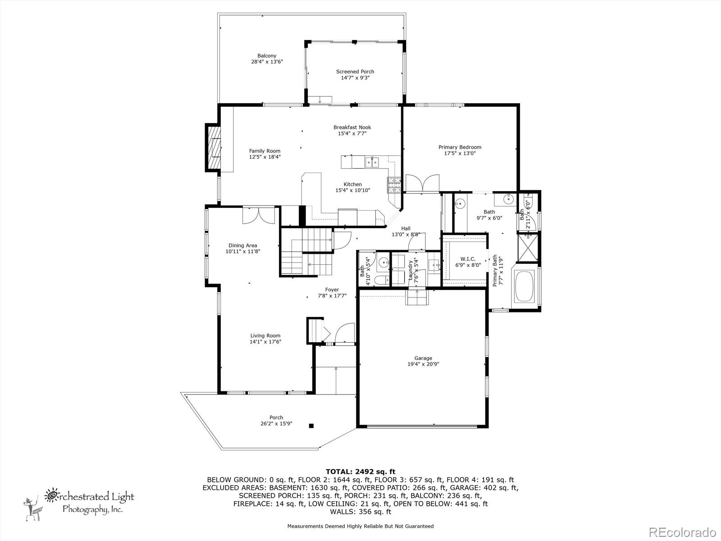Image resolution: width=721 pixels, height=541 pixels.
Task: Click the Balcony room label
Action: pos(267,56)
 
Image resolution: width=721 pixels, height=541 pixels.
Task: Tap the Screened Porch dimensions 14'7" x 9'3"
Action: pos(355,78)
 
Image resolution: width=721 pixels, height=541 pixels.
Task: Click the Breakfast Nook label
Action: pos(352,128)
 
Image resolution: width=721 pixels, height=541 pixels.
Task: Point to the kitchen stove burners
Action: pos(393,185)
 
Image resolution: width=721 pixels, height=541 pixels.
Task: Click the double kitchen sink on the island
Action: pos(372,161)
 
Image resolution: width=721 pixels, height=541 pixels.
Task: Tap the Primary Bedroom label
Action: pos(460,147)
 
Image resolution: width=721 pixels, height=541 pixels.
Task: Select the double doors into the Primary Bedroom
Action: pos(422,183)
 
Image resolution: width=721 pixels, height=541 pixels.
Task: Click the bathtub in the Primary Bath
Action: pos(524,286)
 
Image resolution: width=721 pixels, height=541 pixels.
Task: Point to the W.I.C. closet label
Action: pos(468,259)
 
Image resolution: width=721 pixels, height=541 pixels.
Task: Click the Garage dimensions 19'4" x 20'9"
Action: pos(423,364)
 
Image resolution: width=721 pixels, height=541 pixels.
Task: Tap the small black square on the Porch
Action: pos(311,425)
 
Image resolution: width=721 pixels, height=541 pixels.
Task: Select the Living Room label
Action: pos(265,335)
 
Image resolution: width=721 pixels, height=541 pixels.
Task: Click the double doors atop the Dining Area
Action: pos(258,215)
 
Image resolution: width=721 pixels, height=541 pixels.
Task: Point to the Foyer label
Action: pos(332,290)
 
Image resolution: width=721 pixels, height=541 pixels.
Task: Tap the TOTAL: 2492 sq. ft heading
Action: pos(360,472)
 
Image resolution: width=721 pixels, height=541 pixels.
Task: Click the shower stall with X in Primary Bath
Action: pos(527,248)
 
